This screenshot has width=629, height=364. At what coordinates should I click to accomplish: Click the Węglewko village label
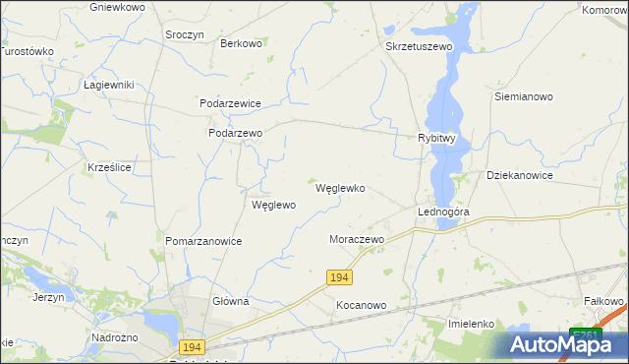point(340,188)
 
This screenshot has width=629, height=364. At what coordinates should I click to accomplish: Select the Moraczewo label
point(356,239)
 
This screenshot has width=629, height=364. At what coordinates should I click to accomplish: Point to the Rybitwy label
point(436,139)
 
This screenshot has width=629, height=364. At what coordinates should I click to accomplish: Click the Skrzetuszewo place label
point(418,46)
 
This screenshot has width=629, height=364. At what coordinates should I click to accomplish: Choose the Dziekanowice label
point(520,175)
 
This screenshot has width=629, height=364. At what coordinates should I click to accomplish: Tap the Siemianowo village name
point(524,97)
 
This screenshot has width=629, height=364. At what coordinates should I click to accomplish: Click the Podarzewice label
point(230,102)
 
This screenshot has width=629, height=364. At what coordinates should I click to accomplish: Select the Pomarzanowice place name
point(203,240)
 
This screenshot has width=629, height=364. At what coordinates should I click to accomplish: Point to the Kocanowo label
point(361,305)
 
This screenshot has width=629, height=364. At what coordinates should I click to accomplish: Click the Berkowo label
point(241,43)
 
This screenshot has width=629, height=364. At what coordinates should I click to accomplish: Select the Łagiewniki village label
point(108,85)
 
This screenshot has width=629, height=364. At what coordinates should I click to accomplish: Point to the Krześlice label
point(109,168)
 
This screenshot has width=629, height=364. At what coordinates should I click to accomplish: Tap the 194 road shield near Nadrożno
point(192,346)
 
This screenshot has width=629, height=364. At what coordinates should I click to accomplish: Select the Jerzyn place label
point(48,297)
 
